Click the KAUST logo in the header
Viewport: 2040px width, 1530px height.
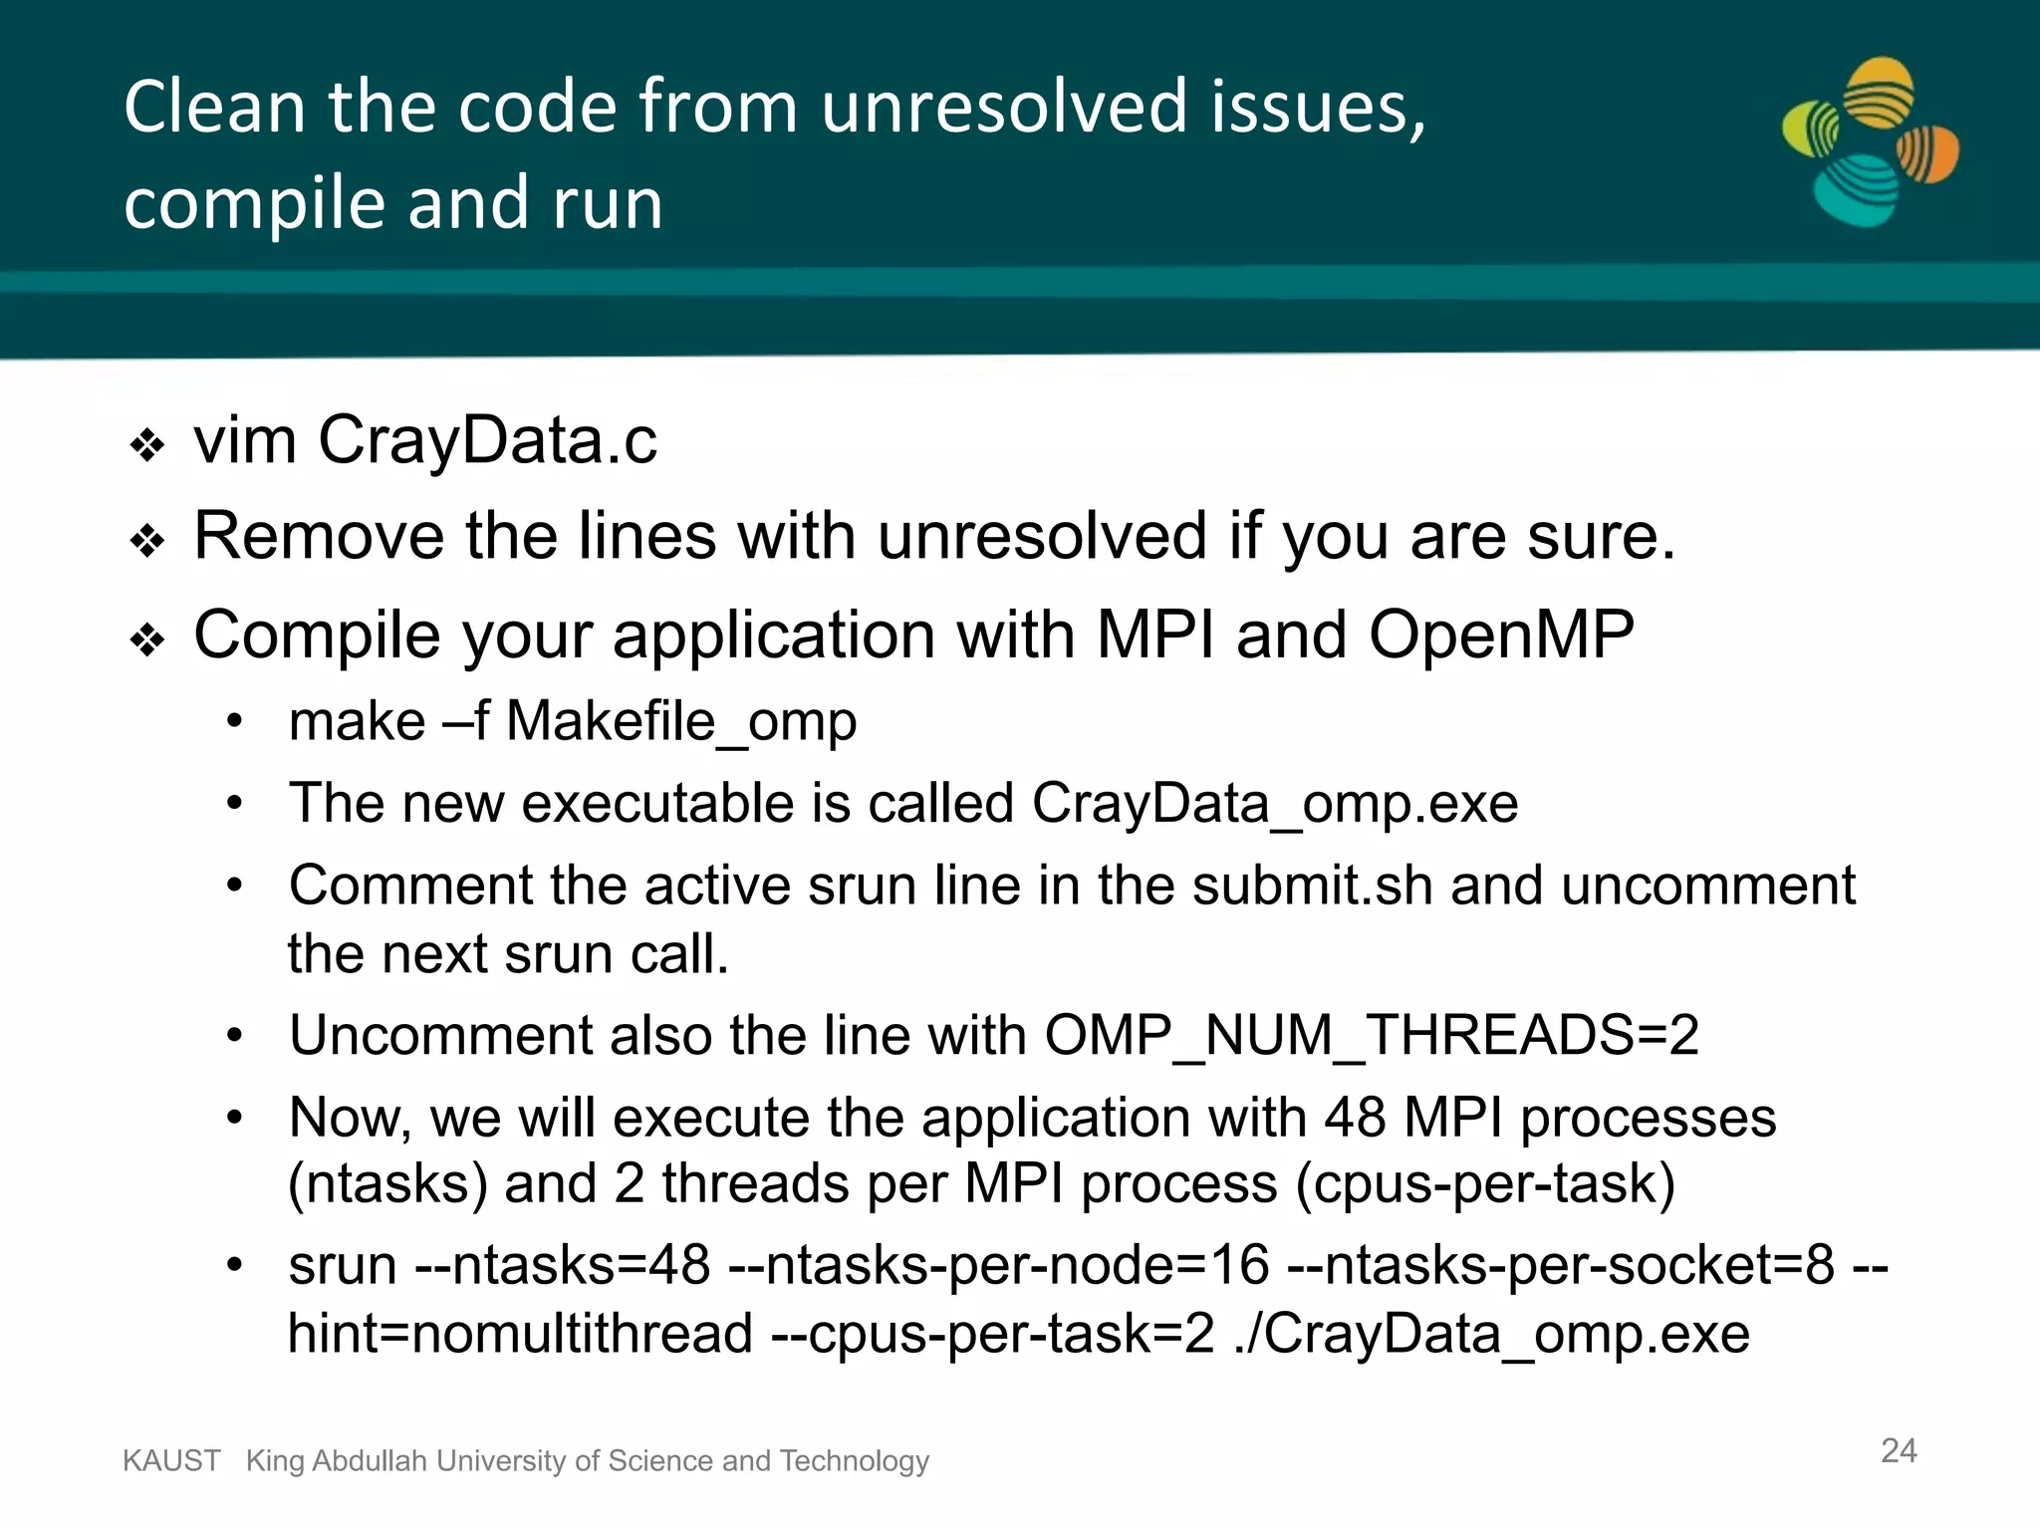coord(1870,142)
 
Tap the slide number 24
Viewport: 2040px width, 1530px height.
coord(1899,1450)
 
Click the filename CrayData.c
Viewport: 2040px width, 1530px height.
coord(487,440)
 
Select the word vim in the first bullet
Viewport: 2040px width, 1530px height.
coord(245,440)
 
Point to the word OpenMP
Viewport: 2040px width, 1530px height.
coord(1501,635)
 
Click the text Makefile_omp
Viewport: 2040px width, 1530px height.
coord(680,721)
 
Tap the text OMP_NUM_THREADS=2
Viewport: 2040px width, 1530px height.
coord(1372,1035)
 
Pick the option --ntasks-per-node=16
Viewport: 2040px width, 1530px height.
coord(999,1265)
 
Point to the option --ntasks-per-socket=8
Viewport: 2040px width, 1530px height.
coord(1561,1265)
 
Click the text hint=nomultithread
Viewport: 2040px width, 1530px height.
coord(520,1334)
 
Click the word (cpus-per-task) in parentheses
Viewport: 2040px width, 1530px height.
coord(1485,1184)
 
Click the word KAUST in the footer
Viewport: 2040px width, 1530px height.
coord(171,1461)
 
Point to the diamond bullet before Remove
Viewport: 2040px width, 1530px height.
coord(147,542)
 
